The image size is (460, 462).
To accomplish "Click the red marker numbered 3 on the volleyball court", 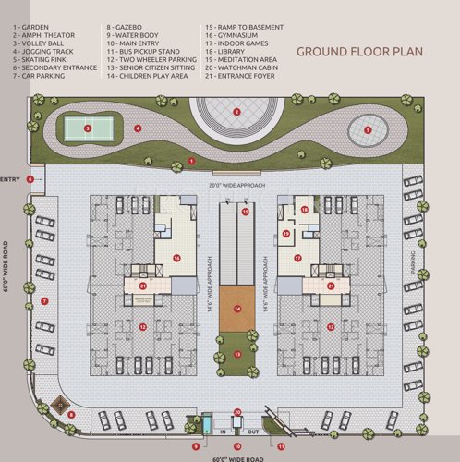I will click(x=87, y=128).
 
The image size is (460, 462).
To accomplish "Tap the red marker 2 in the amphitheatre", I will click(x=237, y=112).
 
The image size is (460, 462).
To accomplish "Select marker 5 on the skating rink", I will click(x=368, y=130).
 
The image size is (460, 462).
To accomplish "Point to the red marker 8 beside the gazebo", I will click(x=71, y=414).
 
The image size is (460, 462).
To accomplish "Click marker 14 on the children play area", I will click(x=237, y=310).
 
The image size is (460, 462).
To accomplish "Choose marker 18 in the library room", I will click(x=305, y=210).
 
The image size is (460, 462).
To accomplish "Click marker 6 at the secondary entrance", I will click(x=31, y=178).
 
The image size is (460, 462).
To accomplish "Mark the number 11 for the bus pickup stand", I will click(x=281, y=446).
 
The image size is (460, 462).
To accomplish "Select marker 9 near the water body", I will click(x=195, y=446).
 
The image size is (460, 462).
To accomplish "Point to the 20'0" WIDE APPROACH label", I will click(x=237, y=186).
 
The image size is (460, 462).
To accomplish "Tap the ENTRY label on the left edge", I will click(x=10, y=178).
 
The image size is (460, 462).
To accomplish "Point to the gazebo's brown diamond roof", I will click(x=60, y=403).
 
